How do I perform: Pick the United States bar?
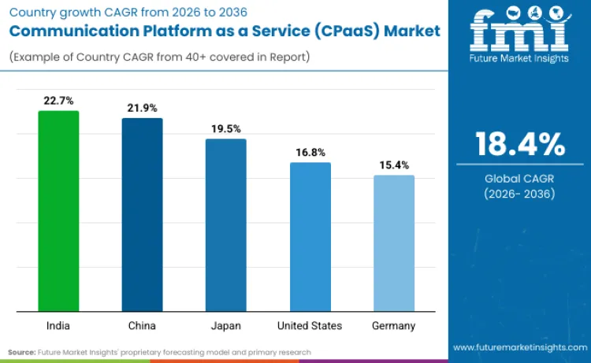point(310,236)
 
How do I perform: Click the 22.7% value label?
point(58,100)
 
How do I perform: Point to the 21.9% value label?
point(142,107)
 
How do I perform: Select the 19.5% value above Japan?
point(225,128)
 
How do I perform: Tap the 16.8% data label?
point(310,152)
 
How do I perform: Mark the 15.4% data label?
point(393,165)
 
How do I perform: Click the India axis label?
point(58,325)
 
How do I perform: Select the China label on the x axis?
point(142,325)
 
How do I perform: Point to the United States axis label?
point(310,325)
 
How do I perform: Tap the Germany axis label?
point(393,325)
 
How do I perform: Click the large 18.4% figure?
point(519,145)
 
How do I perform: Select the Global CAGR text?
point(519,178)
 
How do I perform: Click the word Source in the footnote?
point(21,352)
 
